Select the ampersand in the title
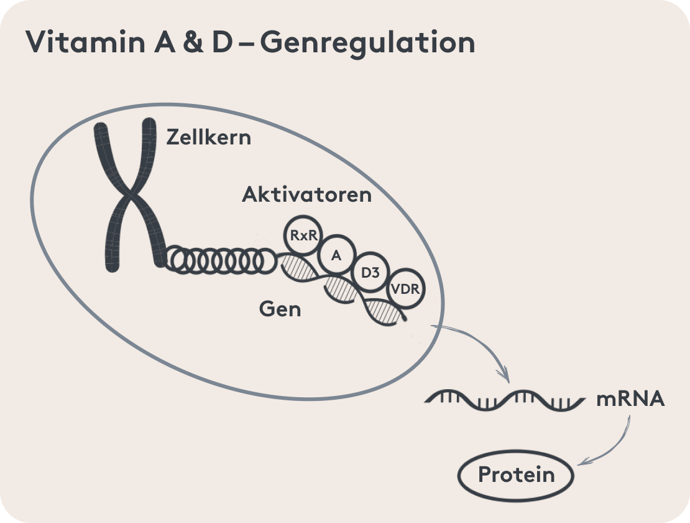[x=194, y=43]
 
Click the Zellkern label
[x=208, y=137]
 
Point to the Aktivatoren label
[x=306, y=194]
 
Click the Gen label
[x=280, y=308]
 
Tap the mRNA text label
[x=630, y=399]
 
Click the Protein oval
[x=516, y=476]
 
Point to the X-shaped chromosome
[x=127, y=194]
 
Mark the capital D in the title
[x=229, y=43]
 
